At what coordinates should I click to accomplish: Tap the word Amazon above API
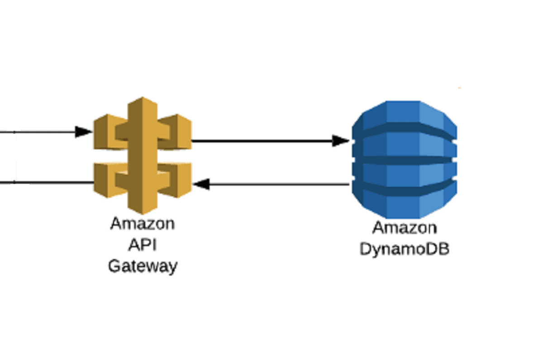(x=142, y=224)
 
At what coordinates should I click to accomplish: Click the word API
(x=142, y=245)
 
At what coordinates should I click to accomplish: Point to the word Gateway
(x=142, y=266)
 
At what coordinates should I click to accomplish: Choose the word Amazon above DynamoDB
(x=405, y=227)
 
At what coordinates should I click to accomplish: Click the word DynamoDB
(x=405, y=249)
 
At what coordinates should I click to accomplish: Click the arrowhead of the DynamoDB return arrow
(x=201, y=184)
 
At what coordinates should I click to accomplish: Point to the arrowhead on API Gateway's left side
(x=84, y=132)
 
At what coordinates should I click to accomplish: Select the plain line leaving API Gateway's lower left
(x=45, y=183)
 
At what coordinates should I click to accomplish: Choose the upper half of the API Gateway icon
(x=143, y=127)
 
